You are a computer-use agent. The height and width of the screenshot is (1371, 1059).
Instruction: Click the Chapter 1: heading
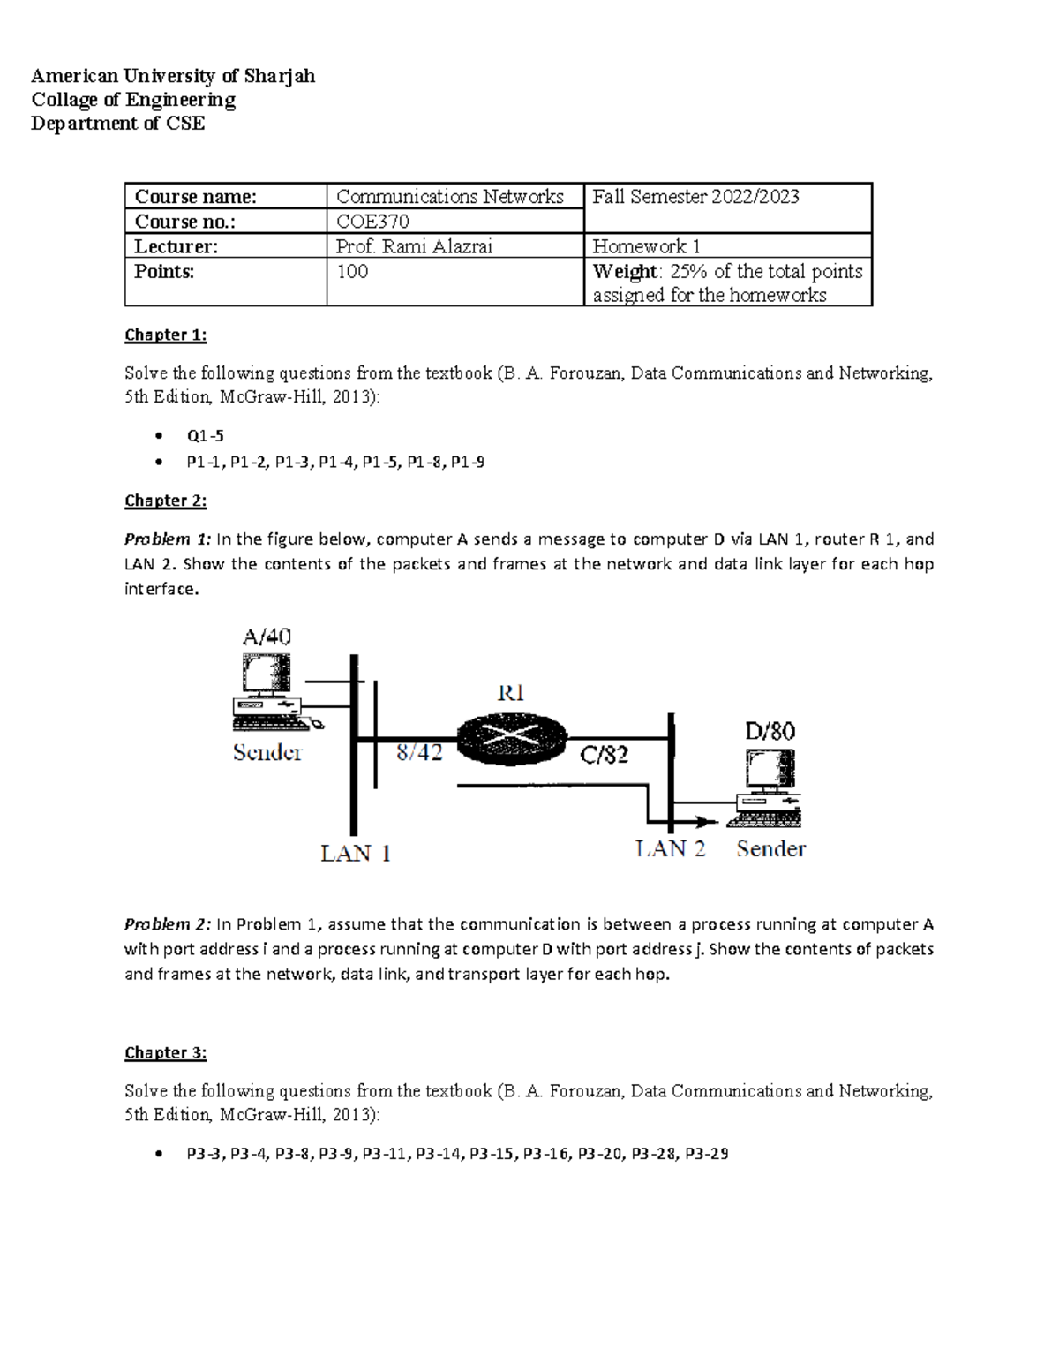click(x=165, y=335)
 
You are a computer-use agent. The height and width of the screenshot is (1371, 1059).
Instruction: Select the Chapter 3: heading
click(x=165, y=1052)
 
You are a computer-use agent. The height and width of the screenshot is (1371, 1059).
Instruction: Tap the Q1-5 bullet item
click(x=205, y=435)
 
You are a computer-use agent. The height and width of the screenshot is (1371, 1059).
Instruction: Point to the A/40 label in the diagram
click(x=267, y=637)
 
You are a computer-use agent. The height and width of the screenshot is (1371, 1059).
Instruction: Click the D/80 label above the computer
click(x=770, y=731)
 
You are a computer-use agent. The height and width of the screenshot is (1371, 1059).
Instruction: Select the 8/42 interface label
click(x=419, y=753)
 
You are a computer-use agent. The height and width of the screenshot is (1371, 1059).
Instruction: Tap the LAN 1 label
click(x=355, y=854)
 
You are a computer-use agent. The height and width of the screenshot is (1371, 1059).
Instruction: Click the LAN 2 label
click(x=671, y=849)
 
